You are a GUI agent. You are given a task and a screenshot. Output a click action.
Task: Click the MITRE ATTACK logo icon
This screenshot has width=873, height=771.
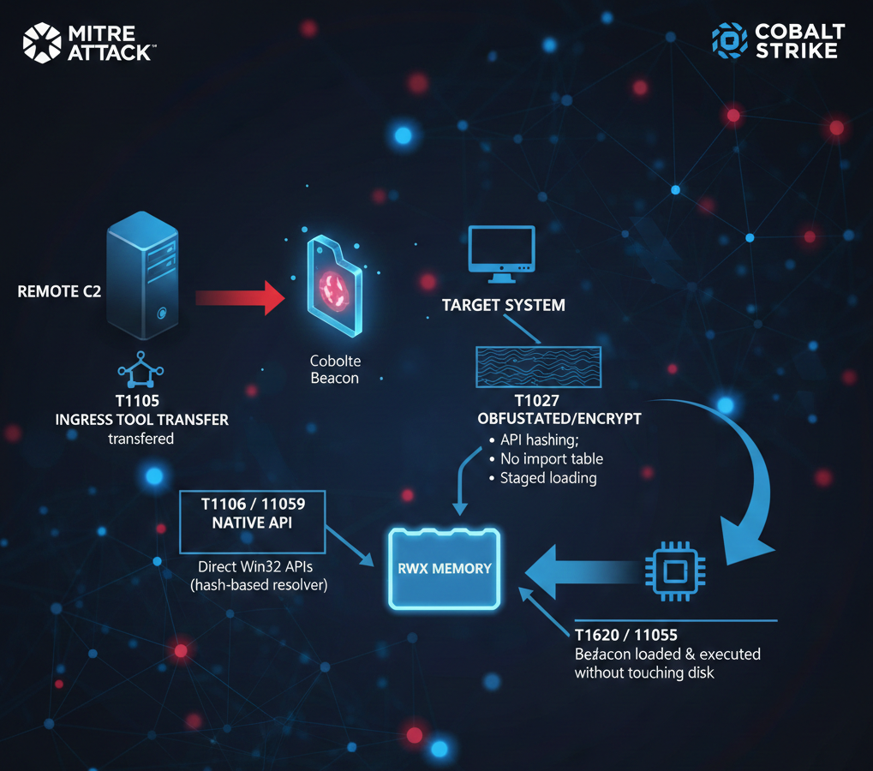[42, 43]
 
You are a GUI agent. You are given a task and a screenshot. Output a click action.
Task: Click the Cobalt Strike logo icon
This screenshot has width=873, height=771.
[730, 40]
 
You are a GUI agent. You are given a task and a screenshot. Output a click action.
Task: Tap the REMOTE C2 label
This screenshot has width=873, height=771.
[59, 291]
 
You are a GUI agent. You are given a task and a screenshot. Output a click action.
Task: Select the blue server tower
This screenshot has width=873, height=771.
[142, 275]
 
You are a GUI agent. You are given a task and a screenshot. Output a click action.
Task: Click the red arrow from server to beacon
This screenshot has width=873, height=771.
[240, 298]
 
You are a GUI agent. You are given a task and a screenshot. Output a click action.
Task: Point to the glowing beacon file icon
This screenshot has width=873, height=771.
[334, 286]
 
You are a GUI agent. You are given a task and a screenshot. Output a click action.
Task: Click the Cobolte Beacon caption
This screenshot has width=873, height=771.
[335, 369]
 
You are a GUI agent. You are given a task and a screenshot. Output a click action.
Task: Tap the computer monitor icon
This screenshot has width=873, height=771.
[502, 254]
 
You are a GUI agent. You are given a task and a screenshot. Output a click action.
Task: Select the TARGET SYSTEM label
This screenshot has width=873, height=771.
[503, 305]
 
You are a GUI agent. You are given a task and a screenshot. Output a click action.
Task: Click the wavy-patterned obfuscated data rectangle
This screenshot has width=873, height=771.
[538, 367]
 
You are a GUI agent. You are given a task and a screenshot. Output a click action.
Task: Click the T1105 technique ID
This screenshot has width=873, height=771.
[137, 401]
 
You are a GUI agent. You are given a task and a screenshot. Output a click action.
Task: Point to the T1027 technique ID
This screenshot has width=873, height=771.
[536, 401]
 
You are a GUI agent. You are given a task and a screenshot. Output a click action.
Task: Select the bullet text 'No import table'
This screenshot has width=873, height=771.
[552, 458]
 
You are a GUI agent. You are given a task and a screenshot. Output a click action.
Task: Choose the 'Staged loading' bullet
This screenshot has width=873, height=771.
[548, 478]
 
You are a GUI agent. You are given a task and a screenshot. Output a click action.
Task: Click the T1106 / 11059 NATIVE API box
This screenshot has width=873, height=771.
[252, 522]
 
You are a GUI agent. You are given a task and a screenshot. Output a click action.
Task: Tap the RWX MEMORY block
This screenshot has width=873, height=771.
[445, 568]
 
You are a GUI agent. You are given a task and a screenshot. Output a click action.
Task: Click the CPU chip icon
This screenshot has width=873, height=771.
[675, 571]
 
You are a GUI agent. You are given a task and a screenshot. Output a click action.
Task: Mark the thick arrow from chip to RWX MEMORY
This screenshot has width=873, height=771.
[582, 571]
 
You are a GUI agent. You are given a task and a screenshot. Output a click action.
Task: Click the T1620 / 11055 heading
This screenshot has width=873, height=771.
[625, 635]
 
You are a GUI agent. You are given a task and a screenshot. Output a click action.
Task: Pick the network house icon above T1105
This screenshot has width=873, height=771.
[141, 369]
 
